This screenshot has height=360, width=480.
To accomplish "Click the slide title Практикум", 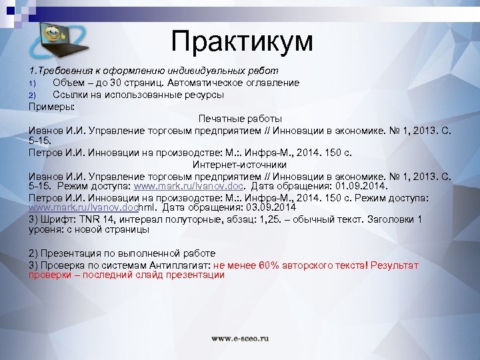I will click(x=241, y=41).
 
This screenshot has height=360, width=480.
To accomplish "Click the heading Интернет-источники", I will click(x=240, y=164).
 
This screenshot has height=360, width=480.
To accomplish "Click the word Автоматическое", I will click(x=211, y=82).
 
